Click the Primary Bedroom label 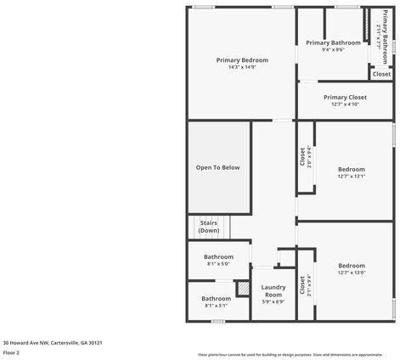[x=242, y=60]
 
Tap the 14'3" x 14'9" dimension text [x=242, y=67]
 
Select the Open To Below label [x=218, y=167]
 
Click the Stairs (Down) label [x=209, y=227]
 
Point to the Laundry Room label [x=273, y=290]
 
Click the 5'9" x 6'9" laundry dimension [x=273, y=301]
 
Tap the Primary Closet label [x=345, y=98]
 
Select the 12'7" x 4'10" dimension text [x=345, y=104]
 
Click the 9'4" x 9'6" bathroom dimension [x=333, y=49]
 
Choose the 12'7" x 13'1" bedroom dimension [x=351, y=177]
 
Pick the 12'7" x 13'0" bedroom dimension [x=351, y=273]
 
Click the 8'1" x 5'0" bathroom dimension [x=218, y=264]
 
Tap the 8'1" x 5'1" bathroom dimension [x=216, y=306]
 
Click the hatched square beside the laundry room [x=242, y=288]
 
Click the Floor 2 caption [x=11, y=352]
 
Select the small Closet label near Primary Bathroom [x=382, y=74]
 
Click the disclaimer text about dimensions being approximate [x=290, y=354]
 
